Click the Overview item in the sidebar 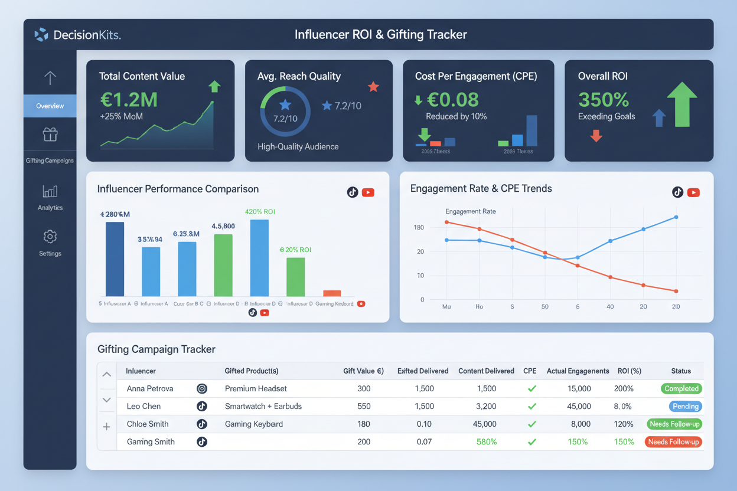[50, 106]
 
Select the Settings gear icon [50, 237]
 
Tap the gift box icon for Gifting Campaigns [50, 135]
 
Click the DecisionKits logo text [87, 35]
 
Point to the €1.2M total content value [129, 100]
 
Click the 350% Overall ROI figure [603, 99]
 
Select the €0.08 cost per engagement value [452, 100]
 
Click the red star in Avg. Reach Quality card [373, 87]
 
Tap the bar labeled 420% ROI [259, 257]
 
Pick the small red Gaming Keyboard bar [332, 293]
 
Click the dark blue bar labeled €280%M [115, 258]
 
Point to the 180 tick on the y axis [419, 228]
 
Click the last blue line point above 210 [676, 217]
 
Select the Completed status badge [681, 389]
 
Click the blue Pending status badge [685, 407]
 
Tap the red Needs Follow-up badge [673, 442]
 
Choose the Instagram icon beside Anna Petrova [202, 389]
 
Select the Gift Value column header [363, 371]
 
